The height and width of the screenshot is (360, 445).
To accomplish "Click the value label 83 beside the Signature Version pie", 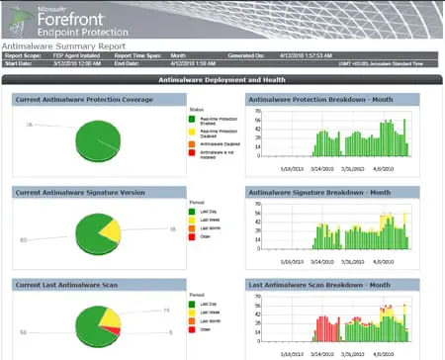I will (23, 238).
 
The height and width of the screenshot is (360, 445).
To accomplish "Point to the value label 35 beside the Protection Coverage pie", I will (30, 125).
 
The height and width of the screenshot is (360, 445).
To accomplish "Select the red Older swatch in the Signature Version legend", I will (193, 235).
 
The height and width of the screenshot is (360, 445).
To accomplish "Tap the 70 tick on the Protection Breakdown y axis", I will (257, 111).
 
